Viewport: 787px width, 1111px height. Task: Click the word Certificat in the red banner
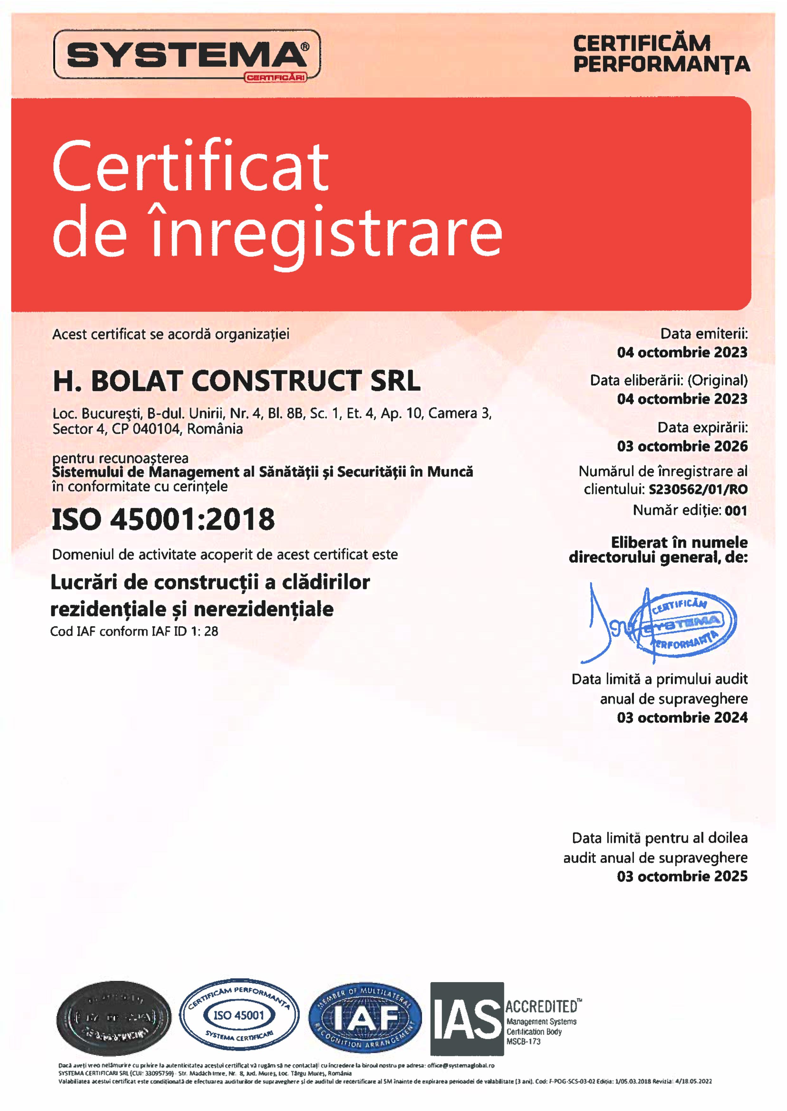click(x=190, y=166)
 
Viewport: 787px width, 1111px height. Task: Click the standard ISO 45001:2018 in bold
click(x=163, y=519)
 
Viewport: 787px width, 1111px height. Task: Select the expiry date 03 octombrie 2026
click(x=682, y=446)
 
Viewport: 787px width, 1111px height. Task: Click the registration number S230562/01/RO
click(x=698, y=489)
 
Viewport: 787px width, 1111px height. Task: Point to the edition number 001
click(x=736, y=510)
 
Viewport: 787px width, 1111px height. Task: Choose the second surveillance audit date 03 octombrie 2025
click(x=682, y=876)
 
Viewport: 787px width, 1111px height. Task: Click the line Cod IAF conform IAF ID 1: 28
click(x=134, y=632)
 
